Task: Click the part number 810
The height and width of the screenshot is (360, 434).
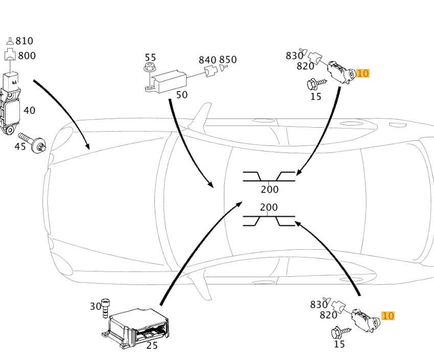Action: [x=24, y=41]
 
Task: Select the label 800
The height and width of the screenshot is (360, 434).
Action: [x=27, y=56]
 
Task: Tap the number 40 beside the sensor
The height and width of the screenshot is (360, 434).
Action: [x=29, y=110]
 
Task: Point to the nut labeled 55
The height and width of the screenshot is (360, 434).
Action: [x=150, y=68]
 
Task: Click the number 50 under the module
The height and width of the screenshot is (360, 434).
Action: [x=181, y=95]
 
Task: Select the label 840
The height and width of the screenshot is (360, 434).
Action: [x=208, y=60]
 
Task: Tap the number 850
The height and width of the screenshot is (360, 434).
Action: [x=228, y=60]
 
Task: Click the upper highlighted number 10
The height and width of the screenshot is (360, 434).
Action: [x=362, y=74]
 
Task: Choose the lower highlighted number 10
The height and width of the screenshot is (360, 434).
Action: [x=388, y=316]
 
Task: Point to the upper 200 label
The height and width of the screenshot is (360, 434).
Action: [x=269, y=189]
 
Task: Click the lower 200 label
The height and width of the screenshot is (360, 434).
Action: [x=269, y=207]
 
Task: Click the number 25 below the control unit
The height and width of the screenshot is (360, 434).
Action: [x=152, y=346]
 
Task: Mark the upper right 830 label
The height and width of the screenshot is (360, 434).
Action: [x=294, y=56]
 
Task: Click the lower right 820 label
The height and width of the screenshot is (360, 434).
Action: [x=329, y=315]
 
